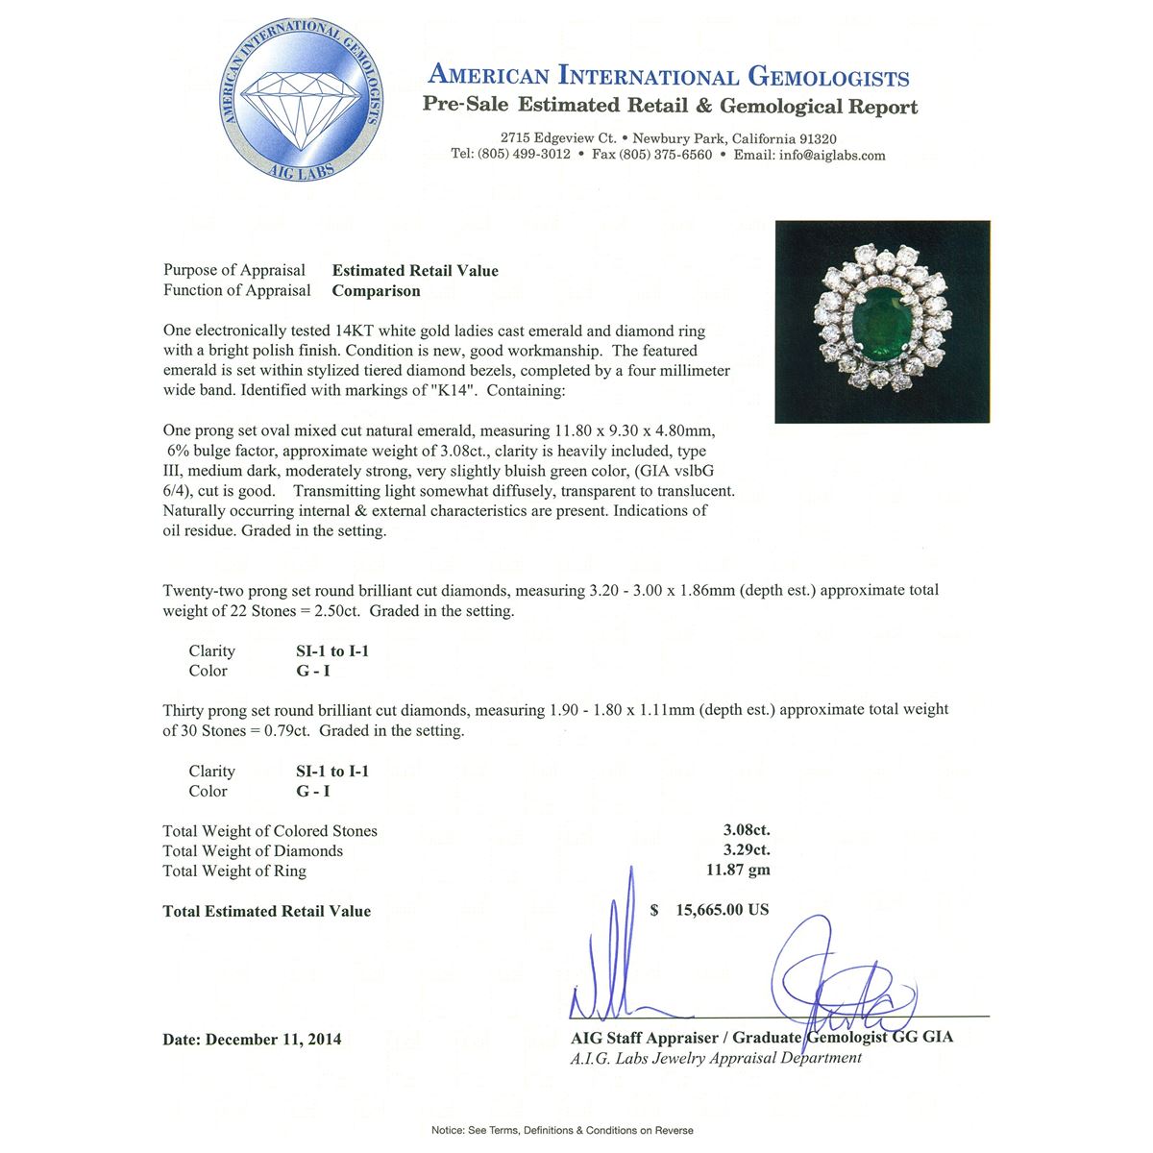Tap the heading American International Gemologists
click(x=669, y=76)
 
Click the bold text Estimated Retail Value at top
click(x=415, y=271)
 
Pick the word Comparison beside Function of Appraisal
click(x=376, y=291)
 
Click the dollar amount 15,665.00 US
click(x=722, y=909)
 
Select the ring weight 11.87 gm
click(x=738, y=870)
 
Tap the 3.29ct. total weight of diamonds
click(x=747, y=849)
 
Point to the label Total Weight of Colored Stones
click(x=270, y=831)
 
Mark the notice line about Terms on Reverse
click(x=562, y=1130)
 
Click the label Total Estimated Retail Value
click(x=266, y=911)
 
